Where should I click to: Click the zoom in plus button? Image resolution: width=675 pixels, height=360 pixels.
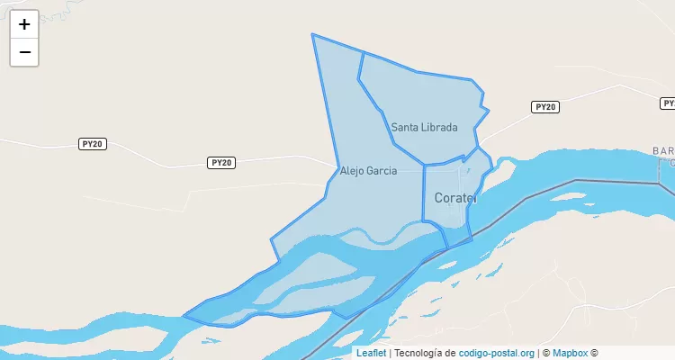(x=24, y=24)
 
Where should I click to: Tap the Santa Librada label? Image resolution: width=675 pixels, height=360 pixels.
(x=424, y=128)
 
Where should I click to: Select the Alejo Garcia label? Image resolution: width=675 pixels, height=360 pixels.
(x=368, y=170)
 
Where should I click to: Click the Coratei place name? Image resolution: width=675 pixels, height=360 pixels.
(x=455, y=197)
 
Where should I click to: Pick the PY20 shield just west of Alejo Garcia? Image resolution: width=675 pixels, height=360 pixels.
(x=220, y=163)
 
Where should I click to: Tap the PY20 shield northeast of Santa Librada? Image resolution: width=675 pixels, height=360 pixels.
(x=545, y=107)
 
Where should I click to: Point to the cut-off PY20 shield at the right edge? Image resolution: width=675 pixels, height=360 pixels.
(x=668, y=103)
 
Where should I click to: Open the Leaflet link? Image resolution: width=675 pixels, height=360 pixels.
(x=371, y=353)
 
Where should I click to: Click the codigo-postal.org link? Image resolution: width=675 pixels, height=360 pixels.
(x=497, y=353)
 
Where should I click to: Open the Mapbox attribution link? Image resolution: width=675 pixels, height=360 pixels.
(x=570, y=353)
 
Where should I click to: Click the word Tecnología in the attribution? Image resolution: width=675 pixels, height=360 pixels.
(x=423, y=353)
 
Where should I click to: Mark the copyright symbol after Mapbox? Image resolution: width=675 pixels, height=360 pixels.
(x=594, y=353)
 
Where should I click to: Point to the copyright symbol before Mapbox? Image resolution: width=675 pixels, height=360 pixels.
(x=544, y=353)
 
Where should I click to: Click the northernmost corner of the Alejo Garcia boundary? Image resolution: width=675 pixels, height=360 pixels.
(x=312, y=34)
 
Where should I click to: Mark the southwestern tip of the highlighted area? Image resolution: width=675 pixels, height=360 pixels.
(x=184, y=316)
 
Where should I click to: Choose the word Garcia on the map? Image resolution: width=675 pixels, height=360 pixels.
(x=382, y=170)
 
